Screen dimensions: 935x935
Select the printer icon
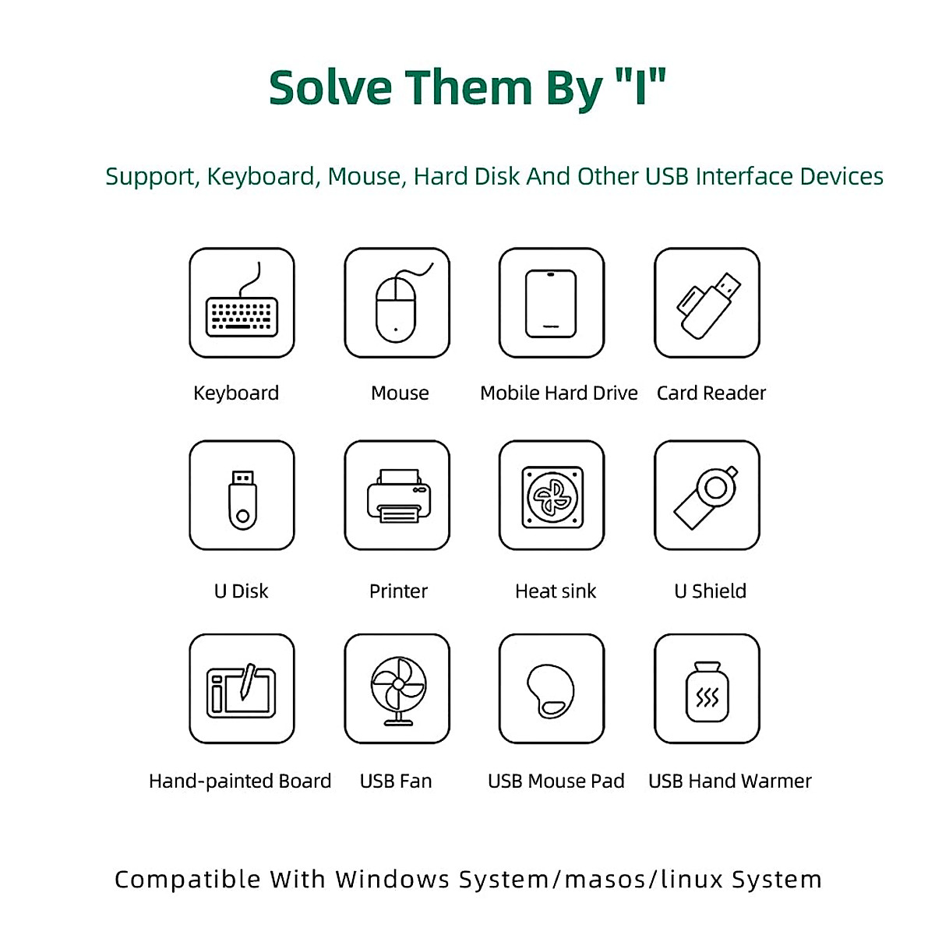pos(398,496)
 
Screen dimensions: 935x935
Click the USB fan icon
pos(397,689)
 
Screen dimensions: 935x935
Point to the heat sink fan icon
pos(552,496)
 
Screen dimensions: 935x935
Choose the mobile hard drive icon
pos(551,304)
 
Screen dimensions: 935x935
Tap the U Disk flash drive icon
pos(242,499)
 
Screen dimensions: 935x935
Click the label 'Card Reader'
pos(711,393)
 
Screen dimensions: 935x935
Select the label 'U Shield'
pos(710,591)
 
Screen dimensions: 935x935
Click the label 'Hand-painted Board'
pos(240,782)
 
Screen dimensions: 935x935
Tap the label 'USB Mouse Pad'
pos(556,782)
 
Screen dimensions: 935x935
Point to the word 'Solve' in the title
pos(330,87)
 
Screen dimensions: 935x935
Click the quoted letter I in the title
pos(640,87)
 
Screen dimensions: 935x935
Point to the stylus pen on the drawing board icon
pos(248,680)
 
